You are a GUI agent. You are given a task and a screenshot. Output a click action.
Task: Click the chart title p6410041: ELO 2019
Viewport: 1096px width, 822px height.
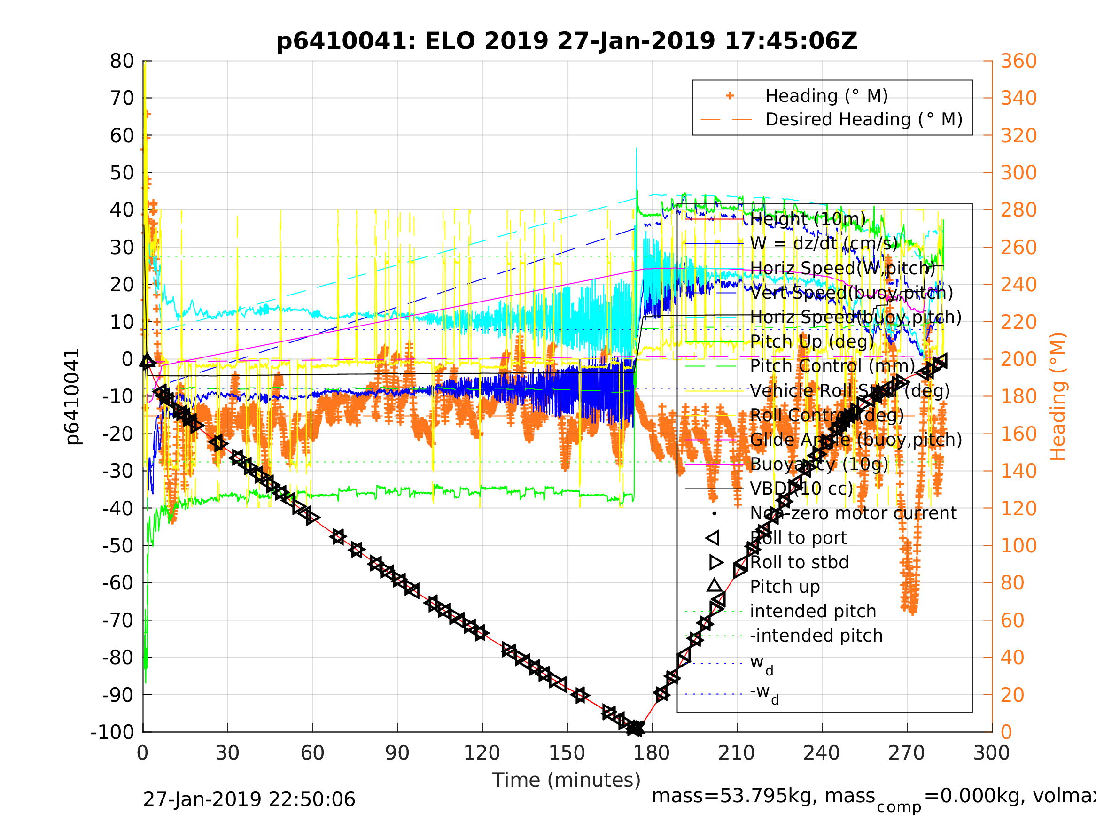click(567, 41)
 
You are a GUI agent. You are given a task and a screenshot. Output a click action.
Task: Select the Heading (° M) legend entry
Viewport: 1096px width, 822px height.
click(826, 96)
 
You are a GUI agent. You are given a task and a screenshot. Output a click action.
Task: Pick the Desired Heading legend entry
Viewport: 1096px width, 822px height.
click(863, 119)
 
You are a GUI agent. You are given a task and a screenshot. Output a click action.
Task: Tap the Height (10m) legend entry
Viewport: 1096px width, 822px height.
click(808, 218)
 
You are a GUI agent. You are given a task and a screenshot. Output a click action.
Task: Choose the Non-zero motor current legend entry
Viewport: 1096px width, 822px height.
click(853, 513)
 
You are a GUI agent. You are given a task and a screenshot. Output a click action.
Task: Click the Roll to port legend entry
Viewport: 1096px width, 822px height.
click(798, 538)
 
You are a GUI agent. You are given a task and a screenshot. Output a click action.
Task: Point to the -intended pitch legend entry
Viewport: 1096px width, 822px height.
click(816, 635)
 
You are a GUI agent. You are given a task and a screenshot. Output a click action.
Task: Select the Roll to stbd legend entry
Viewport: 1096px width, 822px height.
click(799, 562)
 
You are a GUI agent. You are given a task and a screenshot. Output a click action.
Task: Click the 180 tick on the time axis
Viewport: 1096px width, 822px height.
click(652, 753)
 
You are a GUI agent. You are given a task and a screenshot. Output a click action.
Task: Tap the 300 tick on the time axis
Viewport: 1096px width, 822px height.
click(991, 753)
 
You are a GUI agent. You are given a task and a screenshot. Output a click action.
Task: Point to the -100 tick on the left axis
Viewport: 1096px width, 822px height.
click(112, 732)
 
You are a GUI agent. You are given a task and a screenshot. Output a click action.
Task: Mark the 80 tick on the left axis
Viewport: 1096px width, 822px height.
click(122, 62)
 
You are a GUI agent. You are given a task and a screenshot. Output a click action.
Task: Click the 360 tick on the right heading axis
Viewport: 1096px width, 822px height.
click(1018, 62)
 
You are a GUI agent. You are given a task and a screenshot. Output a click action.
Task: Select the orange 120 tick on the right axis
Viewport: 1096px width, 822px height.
click(1018, 508)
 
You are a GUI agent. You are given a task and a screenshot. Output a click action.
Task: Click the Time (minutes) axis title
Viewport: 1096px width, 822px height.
click(567, 780)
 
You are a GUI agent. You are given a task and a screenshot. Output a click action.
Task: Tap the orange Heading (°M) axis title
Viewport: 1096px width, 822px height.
click(1058, 396)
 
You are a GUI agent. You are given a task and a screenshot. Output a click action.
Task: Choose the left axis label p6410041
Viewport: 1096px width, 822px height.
click(72, 396)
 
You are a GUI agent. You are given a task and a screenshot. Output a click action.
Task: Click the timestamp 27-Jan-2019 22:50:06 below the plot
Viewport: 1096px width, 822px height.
click(249, 800)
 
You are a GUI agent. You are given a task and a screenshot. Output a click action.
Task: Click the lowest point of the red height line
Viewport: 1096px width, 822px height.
click(636, 729)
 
